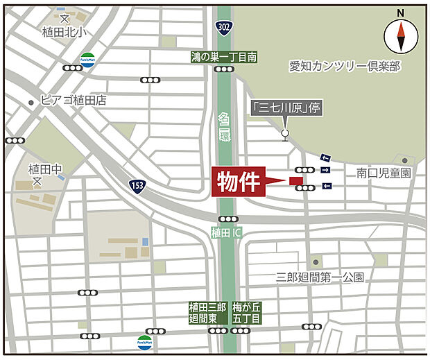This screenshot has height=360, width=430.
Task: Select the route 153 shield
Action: (x=137, y=186)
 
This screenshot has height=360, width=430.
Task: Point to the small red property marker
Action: (x=296, y=182)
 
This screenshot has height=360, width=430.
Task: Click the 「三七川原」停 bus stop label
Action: (x=285, y=108)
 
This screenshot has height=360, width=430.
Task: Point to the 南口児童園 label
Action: (x=384, y=173)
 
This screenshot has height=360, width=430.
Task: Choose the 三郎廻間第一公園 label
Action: (x=320, y=277)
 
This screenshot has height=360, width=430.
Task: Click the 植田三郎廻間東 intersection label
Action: (x=207, y=313)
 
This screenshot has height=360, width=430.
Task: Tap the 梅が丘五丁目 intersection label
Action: (x=246, y=313)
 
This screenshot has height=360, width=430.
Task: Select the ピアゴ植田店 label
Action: (x=74, y=101)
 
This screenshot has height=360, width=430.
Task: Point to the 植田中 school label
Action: (x=45, y=169)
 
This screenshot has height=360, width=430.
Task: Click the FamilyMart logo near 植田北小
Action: (x=87, y=58)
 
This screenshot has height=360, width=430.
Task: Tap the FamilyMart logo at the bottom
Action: (x=144, y=341)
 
